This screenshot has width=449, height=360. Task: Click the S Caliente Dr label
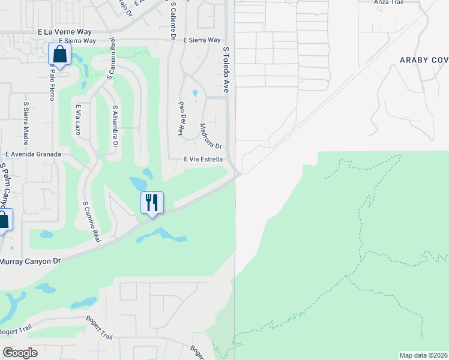tap(173, 21)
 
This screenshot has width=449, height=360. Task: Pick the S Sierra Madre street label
tap(26, 123)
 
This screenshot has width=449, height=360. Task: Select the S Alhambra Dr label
tap(115, 125)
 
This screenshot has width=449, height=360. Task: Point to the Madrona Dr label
tap(211, 137)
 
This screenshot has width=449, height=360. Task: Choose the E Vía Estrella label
tap(203, 160)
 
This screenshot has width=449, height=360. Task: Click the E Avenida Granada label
tap(31, 154)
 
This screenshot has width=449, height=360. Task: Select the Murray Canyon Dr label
tap(31, 261)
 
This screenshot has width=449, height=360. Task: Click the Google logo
tap(20, 353)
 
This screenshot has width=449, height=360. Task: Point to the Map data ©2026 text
tap(424, 355)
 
